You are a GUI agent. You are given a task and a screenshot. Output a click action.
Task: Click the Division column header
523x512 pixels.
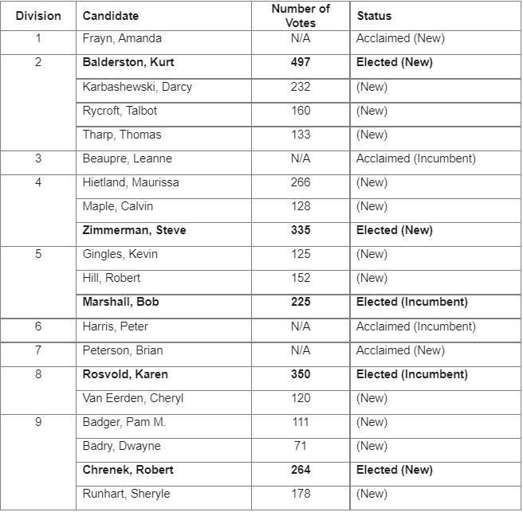(38, 15)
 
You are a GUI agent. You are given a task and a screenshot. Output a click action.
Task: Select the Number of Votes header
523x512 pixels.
(301, 15)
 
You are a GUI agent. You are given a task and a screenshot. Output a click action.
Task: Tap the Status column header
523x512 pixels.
(374, 15)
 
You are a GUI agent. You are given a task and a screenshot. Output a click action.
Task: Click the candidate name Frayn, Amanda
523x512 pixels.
(122, 38)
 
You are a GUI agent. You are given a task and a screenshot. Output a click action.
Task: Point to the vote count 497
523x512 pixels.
(301, 62)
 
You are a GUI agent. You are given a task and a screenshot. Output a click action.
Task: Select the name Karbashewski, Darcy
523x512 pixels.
(137, 87)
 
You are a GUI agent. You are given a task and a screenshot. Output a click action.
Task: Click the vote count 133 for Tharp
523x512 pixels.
(301, 135)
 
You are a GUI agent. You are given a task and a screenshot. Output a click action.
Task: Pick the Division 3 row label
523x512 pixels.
(38, 158)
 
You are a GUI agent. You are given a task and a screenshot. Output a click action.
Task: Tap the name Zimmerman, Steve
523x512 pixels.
(134, 230)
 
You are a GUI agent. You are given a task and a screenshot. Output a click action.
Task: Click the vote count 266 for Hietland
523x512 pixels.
(301, 182)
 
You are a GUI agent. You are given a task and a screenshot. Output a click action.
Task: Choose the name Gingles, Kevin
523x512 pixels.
(120, 254)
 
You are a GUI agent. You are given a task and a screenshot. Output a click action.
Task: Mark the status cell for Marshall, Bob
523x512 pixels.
(412, 302)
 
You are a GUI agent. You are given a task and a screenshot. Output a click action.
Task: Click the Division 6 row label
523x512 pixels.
(38, 326)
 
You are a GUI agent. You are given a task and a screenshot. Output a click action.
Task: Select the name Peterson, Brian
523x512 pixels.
(122, 350)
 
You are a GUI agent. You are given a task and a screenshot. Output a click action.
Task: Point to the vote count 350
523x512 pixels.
(301, 374)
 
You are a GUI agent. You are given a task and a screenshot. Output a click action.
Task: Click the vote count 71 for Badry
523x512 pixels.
(301, 446)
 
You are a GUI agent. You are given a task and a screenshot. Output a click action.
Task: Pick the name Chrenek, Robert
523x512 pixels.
(128, 470)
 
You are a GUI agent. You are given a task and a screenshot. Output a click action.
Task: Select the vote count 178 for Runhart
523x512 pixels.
(301, 494)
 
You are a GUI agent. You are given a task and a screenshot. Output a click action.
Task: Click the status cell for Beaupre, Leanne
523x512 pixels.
(416, 158)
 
